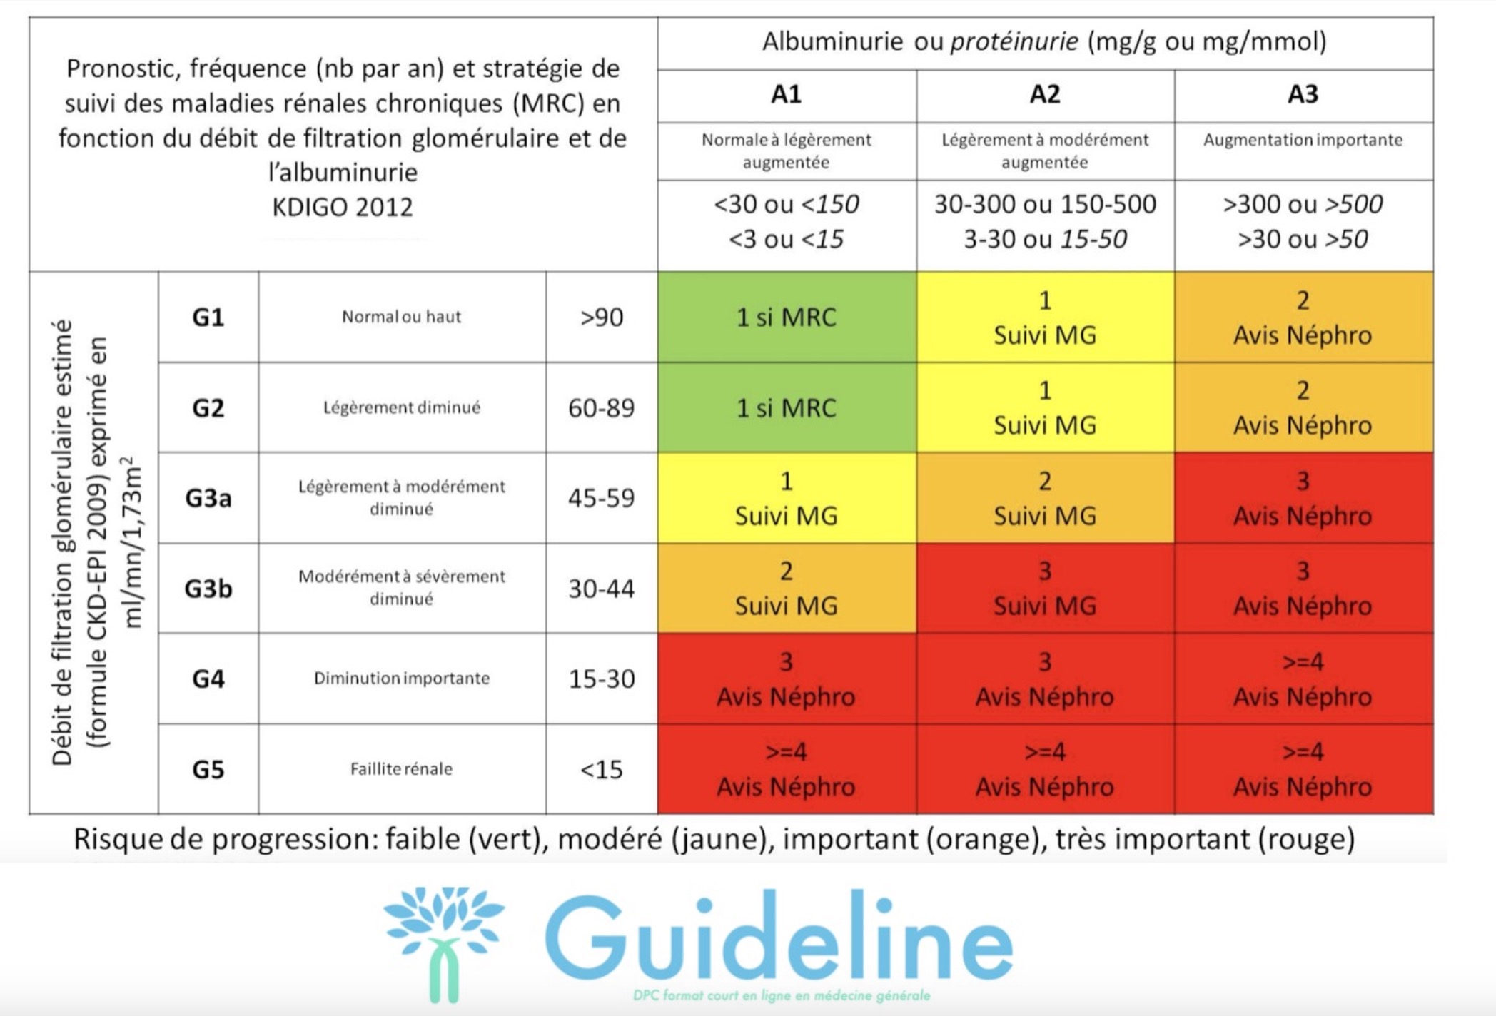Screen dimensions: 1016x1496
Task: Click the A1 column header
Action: (786, 95)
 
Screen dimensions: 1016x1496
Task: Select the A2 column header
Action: (1044, 95)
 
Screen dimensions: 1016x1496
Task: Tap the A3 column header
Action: (1303, 95)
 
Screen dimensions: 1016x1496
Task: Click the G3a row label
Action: (208, 497)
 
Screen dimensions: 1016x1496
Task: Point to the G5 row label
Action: (208, 769)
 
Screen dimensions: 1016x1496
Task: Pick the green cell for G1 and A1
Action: (786, 317)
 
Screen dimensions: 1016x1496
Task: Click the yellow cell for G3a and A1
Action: (786, 498)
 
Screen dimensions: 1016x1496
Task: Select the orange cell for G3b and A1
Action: (786, 589)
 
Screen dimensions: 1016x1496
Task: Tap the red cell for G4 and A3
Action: (1303, 679)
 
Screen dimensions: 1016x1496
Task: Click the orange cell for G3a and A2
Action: (1044, 498)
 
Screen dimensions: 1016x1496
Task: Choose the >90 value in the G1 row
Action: (601, 317)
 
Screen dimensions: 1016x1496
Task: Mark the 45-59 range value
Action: (601, 498)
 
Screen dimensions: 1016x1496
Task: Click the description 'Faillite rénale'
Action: (401, 769)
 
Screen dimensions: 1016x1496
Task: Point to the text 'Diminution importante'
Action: (401, 678)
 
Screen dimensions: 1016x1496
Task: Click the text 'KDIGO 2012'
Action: (343, 208)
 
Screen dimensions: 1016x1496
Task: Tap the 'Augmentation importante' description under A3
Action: (1303, 140)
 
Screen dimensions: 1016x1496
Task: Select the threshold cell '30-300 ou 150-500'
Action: (1044, 205)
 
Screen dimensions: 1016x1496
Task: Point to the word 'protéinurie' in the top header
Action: (1014, 41)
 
